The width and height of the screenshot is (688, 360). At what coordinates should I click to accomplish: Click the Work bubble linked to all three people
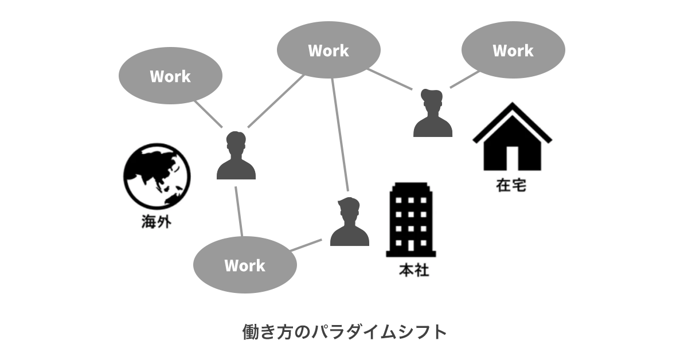pyautogui.click(x=329, y=50)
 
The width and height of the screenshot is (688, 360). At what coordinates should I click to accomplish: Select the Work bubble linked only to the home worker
pyautogui.click(x=513, y=50)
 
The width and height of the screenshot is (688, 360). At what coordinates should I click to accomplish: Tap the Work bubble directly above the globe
pyautogui.click(x=170, y=76)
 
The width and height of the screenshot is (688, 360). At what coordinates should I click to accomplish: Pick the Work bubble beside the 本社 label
pyautogui.click(x=245, y=265)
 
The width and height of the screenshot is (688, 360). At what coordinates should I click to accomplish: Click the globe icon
pyautogui.click(x=157, y=175)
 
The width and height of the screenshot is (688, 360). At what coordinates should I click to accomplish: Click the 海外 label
pyautogui.click(x=156, y=221)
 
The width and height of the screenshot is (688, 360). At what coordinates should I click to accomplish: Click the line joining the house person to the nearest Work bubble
pyautogui.click(x=464, y=80)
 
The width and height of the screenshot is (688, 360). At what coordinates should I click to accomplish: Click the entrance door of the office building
pyautogui.click(x=411, y=245)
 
